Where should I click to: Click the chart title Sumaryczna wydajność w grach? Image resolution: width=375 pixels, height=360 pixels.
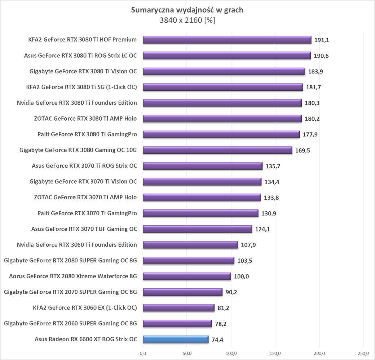[187, 10]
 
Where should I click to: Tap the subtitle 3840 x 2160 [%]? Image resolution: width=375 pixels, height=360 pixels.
[187, 20]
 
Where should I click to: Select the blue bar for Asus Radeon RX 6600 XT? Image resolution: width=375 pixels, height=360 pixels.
[176, 339]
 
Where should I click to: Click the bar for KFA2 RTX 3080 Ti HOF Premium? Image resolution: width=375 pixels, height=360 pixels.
[227, 40]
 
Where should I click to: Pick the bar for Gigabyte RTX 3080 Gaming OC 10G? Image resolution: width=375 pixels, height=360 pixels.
[217, 150]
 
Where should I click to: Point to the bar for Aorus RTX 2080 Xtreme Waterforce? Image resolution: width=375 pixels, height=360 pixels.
[187, 276]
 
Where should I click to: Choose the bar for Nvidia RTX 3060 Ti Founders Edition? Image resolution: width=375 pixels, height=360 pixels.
[190, 245]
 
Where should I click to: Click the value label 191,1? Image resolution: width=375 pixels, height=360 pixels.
[322, 40]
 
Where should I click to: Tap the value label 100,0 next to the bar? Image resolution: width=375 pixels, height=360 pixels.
[242, 276]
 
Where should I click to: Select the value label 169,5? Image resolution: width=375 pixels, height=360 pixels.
[303, 150]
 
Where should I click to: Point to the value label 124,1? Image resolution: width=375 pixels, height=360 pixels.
[262, 229]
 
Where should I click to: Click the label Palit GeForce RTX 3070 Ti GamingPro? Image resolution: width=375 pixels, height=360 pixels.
[87, 213]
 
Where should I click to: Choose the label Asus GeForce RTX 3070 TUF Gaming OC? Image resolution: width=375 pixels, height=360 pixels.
[84, 229]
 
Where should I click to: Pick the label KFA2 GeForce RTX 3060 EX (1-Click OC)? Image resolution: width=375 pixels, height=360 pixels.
[85, 307]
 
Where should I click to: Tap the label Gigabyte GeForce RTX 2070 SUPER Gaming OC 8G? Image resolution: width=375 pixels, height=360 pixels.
[70, 292]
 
